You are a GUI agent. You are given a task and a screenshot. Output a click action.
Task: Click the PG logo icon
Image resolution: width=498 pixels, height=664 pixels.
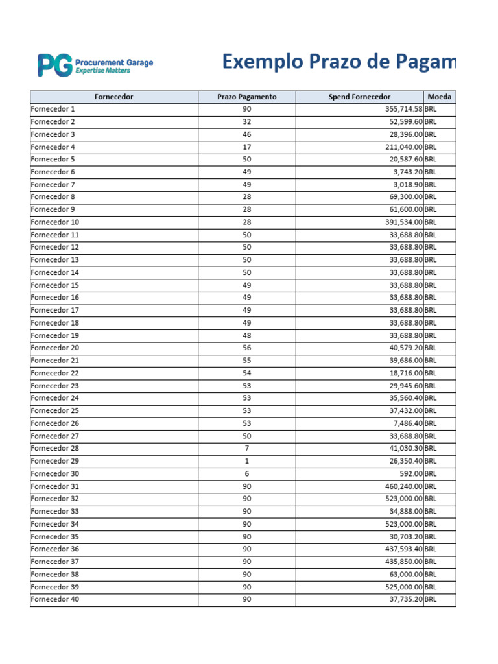tap(54, 65)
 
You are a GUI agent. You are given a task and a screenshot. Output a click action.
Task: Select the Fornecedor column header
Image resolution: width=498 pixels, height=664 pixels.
tap(113, 97)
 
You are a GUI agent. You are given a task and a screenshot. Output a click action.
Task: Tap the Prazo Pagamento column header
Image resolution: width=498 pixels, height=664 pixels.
tap(246, 97)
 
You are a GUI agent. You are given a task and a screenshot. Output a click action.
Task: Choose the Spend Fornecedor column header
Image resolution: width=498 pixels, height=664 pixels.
tap(359, 97)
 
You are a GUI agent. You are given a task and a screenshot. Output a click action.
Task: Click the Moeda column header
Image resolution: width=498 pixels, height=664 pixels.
tap(440, 97)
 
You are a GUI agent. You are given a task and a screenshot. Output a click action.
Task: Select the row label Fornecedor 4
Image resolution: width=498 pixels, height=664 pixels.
tap(53, 147)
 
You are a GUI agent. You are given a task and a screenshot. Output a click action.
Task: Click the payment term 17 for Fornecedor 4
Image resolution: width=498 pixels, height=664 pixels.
tap(246, 147)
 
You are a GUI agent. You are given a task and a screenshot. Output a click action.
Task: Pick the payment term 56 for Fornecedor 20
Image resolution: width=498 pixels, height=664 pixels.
tap(246, 348)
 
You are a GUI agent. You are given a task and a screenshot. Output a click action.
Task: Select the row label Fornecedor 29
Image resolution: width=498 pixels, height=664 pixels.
tap(54, 461)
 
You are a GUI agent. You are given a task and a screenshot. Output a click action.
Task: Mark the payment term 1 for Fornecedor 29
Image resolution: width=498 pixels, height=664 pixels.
tap(246, 461)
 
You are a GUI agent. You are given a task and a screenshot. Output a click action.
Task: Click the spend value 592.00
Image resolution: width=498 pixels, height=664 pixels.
tap(411, 474)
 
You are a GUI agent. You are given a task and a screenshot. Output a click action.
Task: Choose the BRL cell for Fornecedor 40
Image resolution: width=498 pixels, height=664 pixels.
tap(431, 600)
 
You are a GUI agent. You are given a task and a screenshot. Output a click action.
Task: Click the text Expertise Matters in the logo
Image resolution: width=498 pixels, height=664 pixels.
tap(102, 70)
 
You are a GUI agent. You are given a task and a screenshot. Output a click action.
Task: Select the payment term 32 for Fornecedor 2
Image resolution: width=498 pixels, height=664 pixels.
tap(246, 122)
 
